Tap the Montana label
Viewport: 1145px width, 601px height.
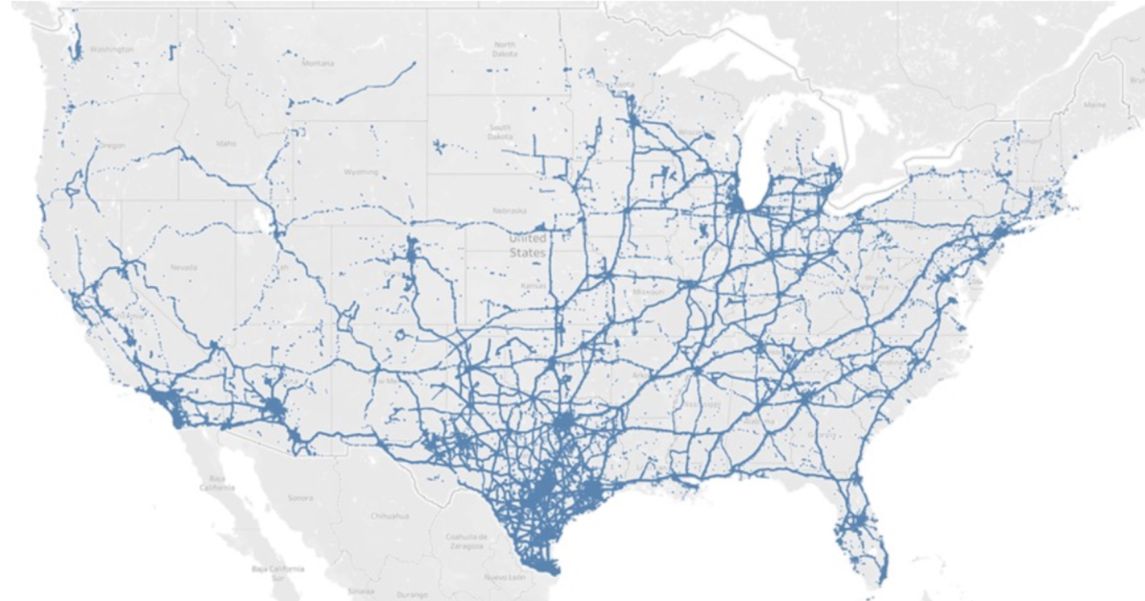point(319,63)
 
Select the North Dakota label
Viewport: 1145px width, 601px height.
point(505,50)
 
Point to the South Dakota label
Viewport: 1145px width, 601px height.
point(501,132)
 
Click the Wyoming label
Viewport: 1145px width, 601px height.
point(361,173)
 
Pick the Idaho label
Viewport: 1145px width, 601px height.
point(226,143)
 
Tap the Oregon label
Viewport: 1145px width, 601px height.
point(112,145)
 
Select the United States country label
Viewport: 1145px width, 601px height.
point(528,246)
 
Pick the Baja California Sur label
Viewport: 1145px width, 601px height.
point(278,572)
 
